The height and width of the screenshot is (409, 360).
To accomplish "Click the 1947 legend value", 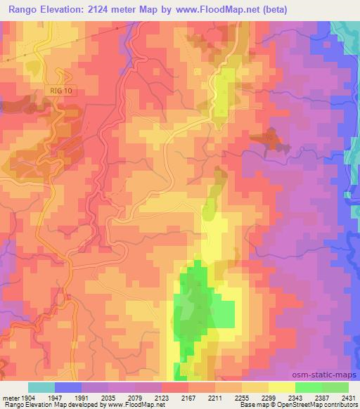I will coord(55,396).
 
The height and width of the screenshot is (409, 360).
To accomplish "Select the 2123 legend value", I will coord(162,396).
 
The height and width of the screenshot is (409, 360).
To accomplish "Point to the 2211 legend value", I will coord(215,396).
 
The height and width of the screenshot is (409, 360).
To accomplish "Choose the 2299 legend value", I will coord(269,396).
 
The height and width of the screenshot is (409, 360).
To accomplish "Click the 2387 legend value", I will coord(322,396).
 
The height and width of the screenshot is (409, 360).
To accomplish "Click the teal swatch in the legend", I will coord(41,387).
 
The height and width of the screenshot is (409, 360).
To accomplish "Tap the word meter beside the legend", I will coord(10,396).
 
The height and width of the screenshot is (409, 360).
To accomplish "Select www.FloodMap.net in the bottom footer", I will coord(136,405).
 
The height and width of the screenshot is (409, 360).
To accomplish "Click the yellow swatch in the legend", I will coord(281,387).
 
